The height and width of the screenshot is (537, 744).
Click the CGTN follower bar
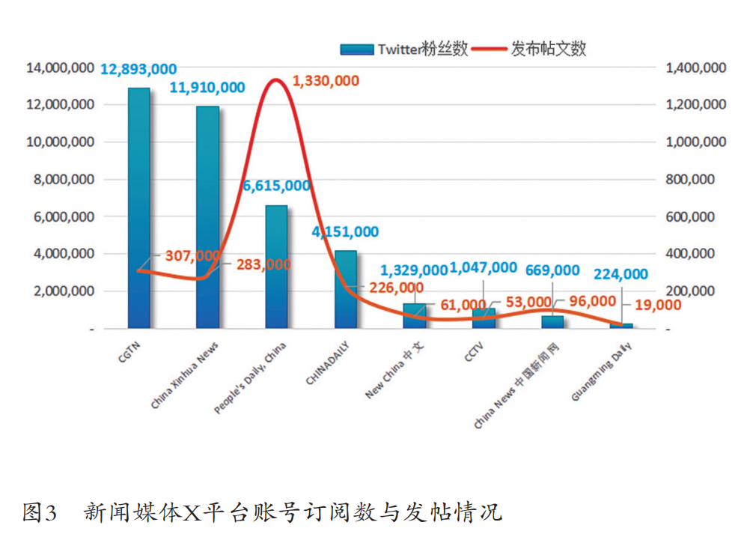pos(138,208)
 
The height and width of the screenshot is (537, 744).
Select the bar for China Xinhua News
pos(207,217)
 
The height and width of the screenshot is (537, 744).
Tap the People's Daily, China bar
pos(276,267)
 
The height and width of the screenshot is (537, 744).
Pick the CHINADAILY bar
pos(345,289)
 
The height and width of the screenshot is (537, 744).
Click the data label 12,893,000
pos(138,70)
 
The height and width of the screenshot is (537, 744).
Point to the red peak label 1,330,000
pos(326,81)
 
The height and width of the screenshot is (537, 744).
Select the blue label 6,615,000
pos(276,186)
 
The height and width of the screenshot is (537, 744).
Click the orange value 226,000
pos(396,288)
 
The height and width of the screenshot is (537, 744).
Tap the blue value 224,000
pos(620,275)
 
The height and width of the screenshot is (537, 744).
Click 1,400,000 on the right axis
pos(695,68)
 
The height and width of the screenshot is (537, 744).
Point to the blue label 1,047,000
pos(483,267)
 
